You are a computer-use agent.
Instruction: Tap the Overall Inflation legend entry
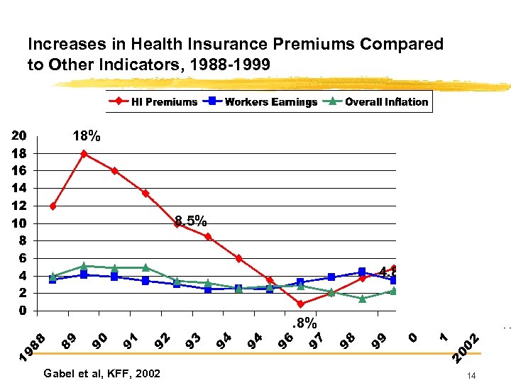pos(378,101)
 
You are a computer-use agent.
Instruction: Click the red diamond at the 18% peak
pos(84,154)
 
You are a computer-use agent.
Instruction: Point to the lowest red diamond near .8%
pos(300,304)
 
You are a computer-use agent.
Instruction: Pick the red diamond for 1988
pos(53,206)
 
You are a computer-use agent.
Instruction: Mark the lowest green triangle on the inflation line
pos(362,299)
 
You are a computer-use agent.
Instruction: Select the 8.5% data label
pos(191,221)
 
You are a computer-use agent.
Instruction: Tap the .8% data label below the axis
pos(305,323)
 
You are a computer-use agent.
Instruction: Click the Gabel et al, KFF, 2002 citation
pos(101,374)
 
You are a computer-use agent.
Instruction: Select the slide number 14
pos(471,375)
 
